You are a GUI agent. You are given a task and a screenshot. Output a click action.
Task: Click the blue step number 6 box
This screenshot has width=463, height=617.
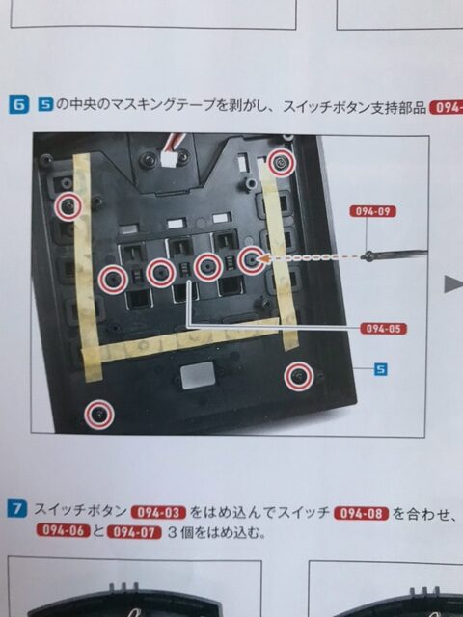[19, 105]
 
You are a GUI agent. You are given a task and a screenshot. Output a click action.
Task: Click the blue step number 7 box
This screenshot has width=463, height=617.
[17, 509]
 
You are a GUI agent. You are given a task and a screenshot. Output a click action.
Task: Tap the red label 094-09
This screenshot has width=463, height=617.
[372, 211]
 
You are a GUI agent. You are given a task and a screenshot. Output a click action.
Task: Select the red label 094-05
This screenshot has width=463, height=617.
[384, 329]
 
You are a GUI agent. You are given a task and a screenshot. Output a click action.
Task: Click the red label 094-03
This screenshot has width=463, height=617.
[158, 513]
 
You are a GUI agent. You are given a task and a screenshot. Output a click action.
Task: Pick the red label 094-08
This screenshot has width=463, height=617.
[361, 514]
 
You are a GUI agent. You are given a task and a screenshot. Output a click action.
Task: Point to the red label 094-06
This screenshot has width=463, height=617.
[64, 530]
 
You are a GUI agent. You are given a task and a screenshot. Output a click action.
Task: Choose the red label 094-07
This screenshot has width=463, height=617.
[135, 532]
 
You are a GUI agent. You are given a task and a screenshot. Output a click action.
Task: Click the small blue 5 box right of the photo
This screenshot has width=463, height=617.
[380, 369]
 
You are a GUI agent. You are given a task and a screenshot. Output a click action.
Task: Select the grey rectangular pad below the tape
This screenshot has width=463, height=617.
[198, 375]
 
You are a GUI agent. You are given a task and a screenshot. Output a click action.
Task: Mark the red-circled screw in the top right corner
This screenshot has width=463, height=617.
[281, 163]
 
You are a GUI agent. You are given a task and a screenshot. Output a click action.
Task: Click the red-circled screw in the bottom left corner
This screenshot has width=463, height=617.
[99, 414]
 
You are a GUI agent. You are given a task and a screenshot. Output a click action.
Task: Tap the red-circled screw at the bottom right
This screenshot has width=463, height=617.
[299, 376]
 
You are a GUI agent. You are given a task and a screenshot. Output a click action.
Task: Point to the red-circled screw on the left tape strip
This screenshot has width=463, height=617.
[68, 206]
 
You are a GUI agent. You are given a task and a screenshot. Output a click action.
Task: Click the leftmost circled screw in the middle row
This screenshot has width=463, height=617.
[113, 279]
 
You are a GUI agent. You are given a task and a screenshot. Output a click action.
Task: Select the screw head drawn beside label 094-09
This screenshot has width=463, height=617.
[369, 255]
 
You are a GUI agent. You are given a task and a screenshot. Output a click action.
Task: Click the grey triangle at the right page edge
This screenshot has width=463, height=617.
[453, 283]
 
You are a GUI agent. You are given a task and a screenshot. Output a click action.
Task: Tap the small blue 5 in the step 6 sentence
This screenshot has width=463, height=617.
[45, 105]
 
